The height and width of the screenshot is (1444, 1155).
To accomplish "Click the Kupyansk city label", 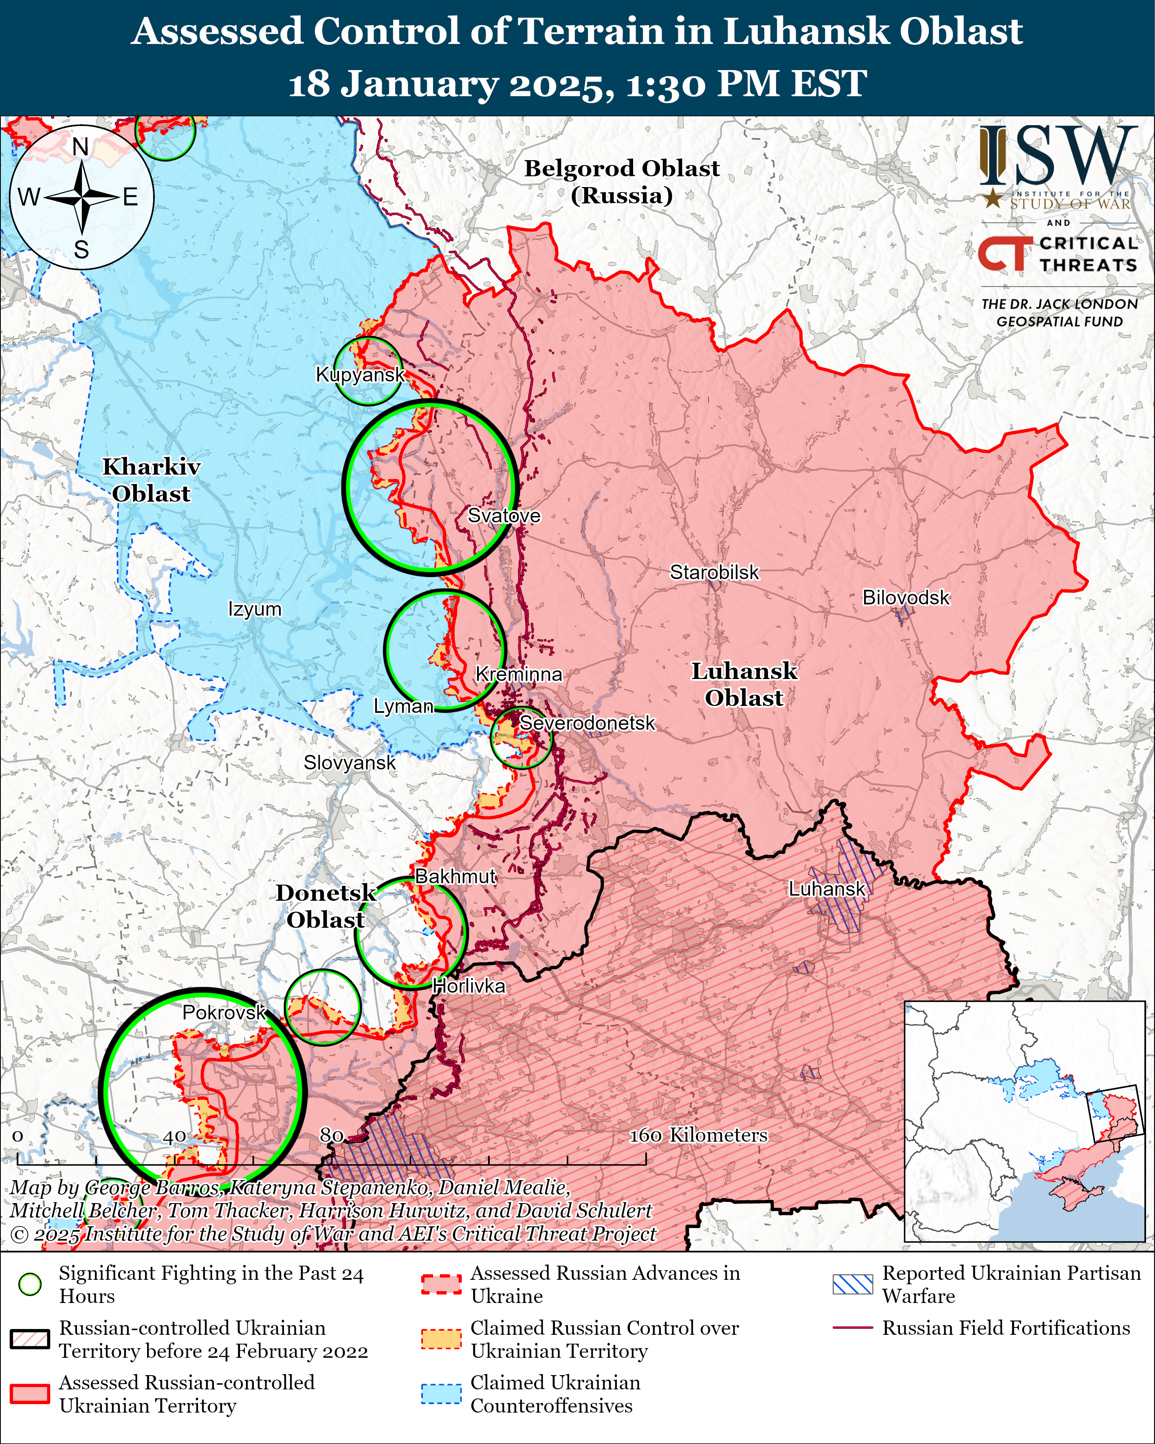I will (x=360, y=375).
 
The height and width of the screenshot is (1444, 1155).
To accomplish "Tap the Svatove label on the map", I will (x=504, y=516).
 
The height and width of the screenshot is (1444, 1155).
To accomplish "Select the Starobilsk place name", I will (x=715, y=573).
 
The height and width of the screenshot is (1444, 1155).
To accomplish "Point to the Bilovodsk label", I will (x=905, y=597).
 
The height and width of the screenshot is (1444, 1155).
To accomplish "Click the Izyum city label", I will (x=255, y=609).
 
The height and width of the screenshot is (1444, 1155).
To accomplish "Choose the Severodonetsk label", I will (x=587, y=723).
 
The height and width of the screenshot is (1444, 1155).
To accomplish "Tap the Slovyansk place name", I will (x=350, y=763).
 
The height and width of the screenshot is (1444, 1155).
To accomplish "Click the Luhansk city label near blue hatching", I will (x=827, y=889).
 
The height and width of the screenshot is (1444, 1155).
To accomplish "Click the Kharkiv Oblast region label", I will (x=151, y=480).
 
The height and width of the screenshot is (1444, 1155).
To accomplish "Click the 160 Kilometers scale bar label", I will (x=698, y=1135).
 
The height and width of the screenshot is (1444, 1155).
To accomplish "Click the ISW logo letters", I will (x=1058, y=157).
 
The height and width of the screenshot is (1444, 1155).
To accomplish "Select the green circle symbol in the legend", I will (x=30, y=1284).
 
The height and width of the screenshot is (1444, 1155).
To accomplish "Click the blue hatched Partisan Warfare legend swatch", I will (x=852, y=1284).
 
